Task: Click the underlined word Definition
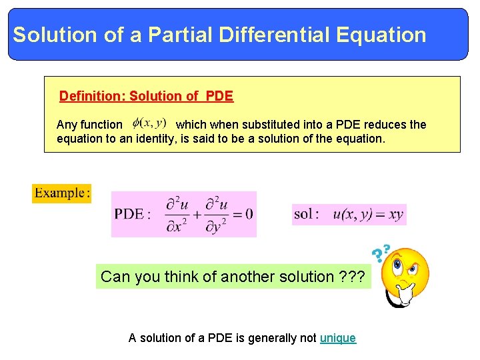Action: [x=92, y=96]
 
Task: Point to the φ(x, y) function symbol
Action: [x=149, y=123]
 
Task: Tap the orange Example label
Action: [x=61, y=193]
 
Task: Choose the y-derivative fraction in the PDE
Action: [x=215, y=214]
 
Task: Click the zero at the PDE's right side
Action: [x=249, y=214]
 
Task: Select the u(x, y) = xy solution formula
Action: [x=368, y=215]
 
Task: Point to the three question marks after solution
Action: [x=351, y=277]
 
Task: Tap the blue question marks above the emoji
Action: [x=381, y=253]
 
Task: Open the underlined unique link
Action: [x=338, y=338]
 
